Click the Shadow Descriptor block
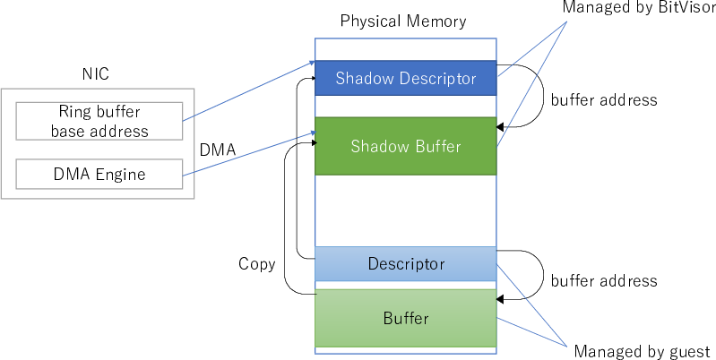(x=405, y=79)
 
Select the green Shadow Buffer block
(x=405, y=146)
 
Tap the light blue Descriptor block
(x=405, y=264)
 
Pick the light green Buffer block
(x=405, y=318)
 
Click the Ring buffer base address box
(x=99, y=122)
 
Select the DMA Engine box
(x=99, y=175)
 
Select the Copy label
(x=256, y=264)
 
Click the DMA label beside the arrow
(x=218, y=150)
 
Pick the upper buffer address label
(x=603, y=99)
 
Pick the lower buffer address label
(x=603, y=280)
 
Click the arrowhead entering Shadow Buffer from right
(x=502, y=129)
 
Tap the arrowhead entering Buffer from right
(x=502, y=298)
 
